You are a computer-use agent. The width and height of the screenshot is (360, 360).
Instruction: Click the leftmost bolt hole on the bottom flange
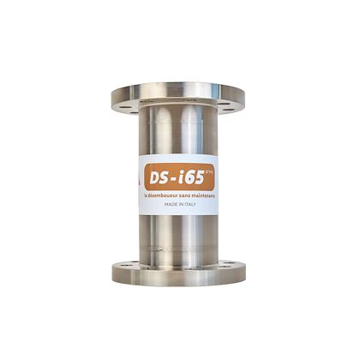coord(125,267)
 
